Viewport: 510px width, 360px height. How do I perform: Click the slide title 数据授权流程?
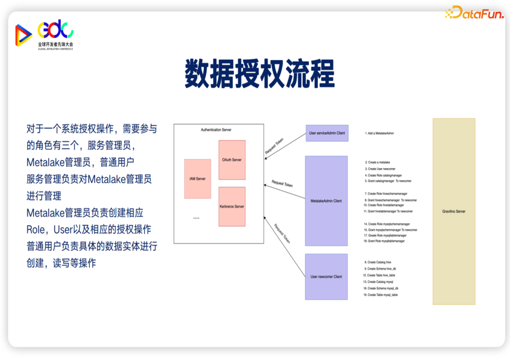259,74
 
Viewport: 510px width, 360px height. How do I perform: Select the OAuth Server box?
232,160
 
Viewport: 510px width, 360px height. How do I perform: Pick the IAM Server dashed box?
197,179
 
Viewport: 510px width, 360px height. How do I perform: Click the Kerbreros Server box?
232,206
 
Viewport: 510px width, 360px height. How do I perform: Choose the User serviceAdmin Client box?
327,133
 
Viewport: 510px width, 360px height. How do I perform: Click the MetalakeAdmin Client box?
326,201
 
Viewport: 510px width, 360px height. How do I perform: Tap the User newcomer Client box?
326,276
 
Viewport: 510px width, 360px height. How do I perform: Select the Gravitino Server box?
454,211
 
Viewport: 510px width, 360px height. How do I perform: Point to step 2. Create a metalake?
379,162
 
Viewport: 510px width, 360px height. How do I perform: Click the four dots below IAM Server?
196,218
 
